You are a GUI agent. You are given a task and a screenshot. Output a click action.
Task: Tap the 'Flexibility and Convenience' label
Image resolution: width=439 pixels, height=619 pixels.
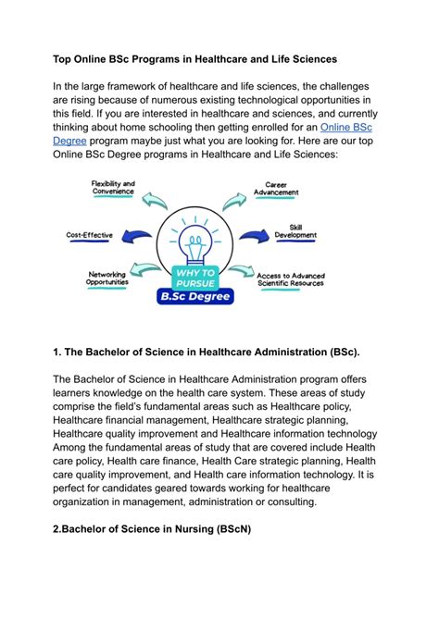click(x=113, y=189)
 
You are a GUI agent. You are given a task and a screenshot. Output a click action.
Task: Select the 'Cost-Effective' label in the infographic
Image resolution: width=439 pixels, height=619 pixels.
click(x=89, y=235)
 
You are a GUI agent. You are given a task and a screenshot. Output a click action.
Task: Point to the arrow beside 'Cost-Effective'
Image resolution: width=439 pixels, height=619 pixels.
click(x=136, y=236)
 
